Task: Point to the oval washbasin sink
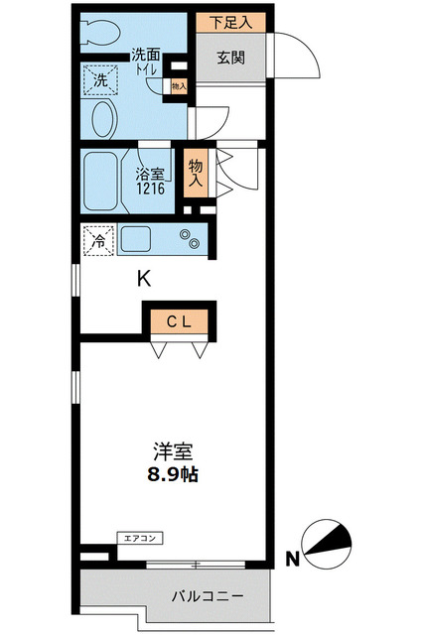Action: click(x=102, y=121)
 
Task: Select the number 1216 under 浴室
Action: click(x=150, y=190)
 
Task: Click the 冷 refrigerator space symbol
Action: click(x=99, y=240)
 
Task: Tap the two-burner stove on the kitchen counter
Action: click(x=187, y=239)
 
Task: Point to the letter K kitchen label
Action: click(x=144, y=279)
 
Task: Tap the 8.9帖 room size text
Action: click(x=172, y=474)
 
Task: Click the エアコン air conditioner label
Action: click(x=139, y=539)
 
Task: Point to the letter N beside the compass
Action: click(x=294, y=560)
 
